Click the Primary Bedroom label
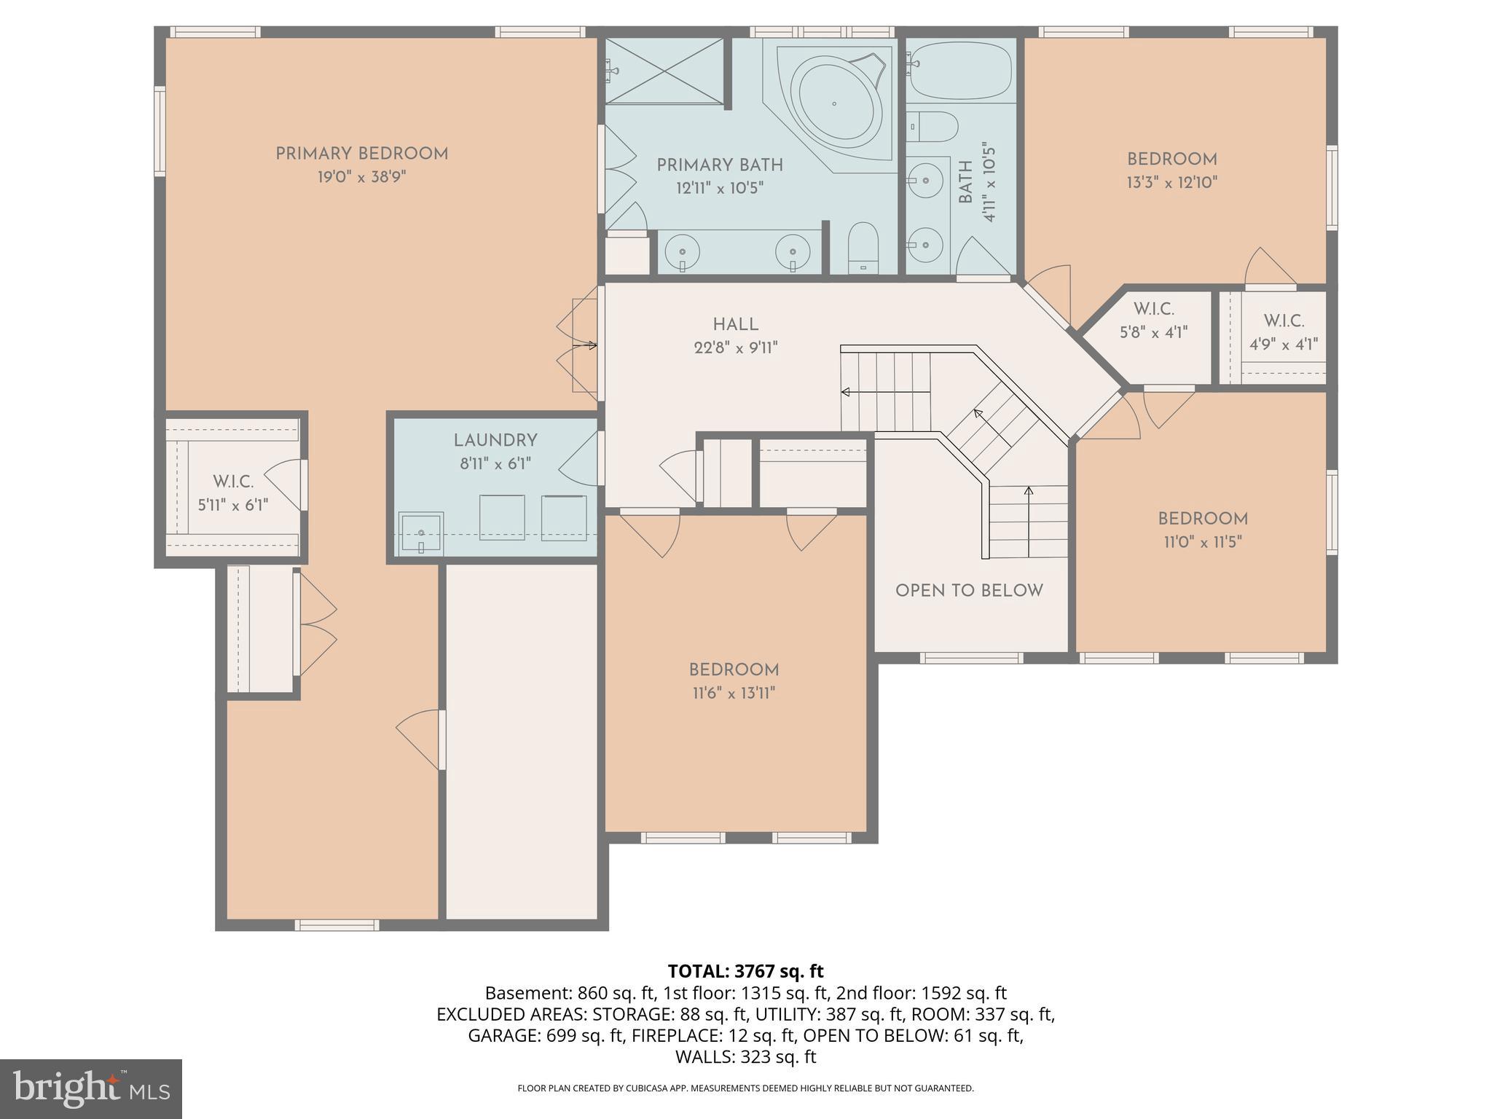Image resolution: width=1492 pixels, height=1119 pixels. pyautogui.click(x=361, y=154)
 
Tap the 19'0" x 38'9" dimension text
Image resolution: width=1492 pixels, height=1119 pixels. pyautogui.click(x=361, y=177)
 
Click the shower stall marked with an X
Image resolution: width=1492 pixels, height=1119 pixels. pyautogui.click(x=664, y=71)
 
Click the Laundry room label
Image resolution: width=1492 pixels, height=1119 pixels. pyautogui.click(x=495, y=440)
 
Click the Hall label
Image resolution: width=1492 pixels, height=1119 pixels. pyautogui.click(x=735, y=324)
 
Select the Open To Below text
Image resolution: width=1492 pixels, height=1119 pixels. pyautogui.click(x=969, y=590)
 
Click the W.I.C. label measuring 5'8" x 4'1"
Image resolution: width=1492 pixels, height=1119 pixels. pyautogui.click(x=1153, y=309)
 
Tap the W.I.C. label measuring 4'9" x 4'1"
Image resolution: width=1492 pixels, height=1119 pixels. pyautogui.click(x=1284, y=321)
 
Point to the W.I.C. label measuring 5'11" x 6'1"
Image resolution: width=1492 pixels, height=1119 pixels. pyautogui.click(x=233, y=482)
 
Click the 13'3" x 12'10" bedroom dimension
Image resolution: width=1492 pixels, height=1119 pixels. pyautogui.click(x=1172, y=182)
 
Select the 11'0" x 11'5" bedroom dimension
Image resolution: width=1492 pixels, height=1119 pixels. pyautogui.click(x=1203, y=542)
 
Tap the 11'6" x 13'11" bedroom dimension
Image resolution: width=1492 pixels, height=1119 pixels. pyautogui.click(x=734, y=693)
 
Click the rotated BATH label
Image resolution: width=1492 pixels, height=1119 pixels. pyautogui.click(x=965, y=182)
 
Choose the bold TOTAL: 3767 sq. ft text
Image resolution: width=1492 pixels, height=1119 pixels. pyautogui.click(x=745, y=971)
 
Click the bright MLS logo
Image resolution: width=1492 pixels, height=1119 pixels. pyautogui.click(x=91, y=1088)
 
